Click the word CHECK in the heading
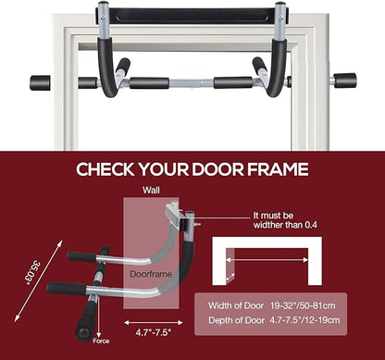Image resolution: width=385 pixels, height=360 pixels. (106, 169)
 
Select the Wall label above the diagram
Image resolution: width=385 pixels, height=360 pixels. (151, 191)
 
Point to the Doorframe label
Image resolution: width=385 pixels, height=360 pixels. (151, 274)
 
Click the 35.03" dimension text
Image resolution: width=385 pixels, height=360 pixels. (33, 273)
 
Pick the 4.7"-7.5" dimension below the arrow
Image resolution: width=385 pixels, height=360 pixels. (154, 333)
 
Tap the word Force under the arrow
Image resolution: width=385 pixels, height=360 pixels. (101, 341)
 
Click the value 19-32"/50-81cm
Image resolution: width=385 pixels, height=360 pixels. (303, 305)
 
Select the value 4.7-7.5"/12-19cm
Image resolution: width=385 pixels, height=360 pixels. (304, 320)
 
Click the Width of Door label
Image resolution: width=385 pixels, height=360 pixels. (236, 305)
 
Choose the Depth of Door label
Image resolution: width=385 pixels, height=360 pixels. (237, 320)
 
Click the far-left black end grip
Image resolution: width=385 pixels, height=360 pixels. (40, 82)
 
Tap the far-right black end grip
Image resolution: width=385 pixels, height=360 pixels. (345, 81)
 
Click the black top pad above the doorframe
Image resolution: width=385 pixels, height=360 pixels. (192, 16)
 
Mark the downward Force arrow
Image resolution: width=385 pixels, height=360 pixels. (98, 318)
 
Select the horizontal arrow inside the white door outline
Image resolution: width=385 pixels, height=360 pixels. (267, 260)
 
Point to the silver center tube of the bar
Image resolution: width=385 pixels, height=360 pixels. (192, 83)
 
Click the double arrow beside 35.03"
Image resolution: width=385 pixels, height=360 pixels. (39, 280)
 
